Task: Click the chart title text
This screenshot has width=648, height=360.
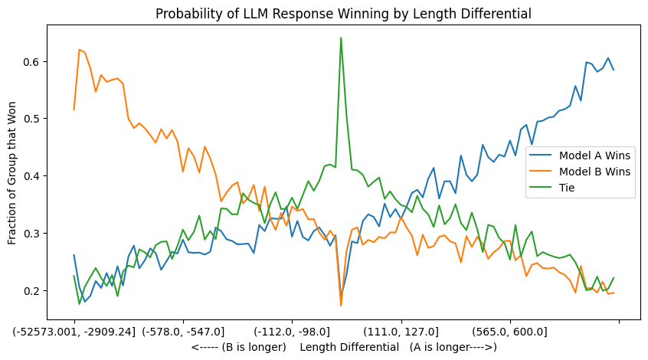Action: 343,13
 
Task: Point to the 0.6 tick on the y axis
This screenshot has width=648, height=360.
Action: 32,61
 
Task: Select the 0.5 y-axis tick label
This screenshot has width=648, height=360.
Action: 32,119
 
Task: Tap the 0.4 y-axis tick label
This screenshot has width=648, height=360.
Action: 32,176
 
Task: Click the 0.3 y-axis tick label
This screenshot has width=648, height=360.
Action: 32,233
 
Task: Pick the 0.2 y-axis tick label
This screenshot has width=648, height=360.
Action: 32,290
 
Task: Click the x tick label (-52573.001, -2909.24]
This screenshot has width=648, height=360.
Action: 74,332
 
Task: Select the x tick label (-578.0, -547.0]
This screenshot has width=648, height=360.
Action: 183,332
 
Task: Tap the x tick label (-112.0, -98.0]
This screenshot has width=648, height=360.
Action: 292,332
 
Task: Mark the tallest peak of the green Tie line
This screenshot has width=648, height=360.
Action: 341,38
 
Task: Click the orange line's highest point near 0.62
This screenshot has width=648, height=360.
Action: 79,50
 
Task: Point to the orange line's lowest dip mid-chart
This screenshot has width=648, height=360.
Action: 341,306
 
